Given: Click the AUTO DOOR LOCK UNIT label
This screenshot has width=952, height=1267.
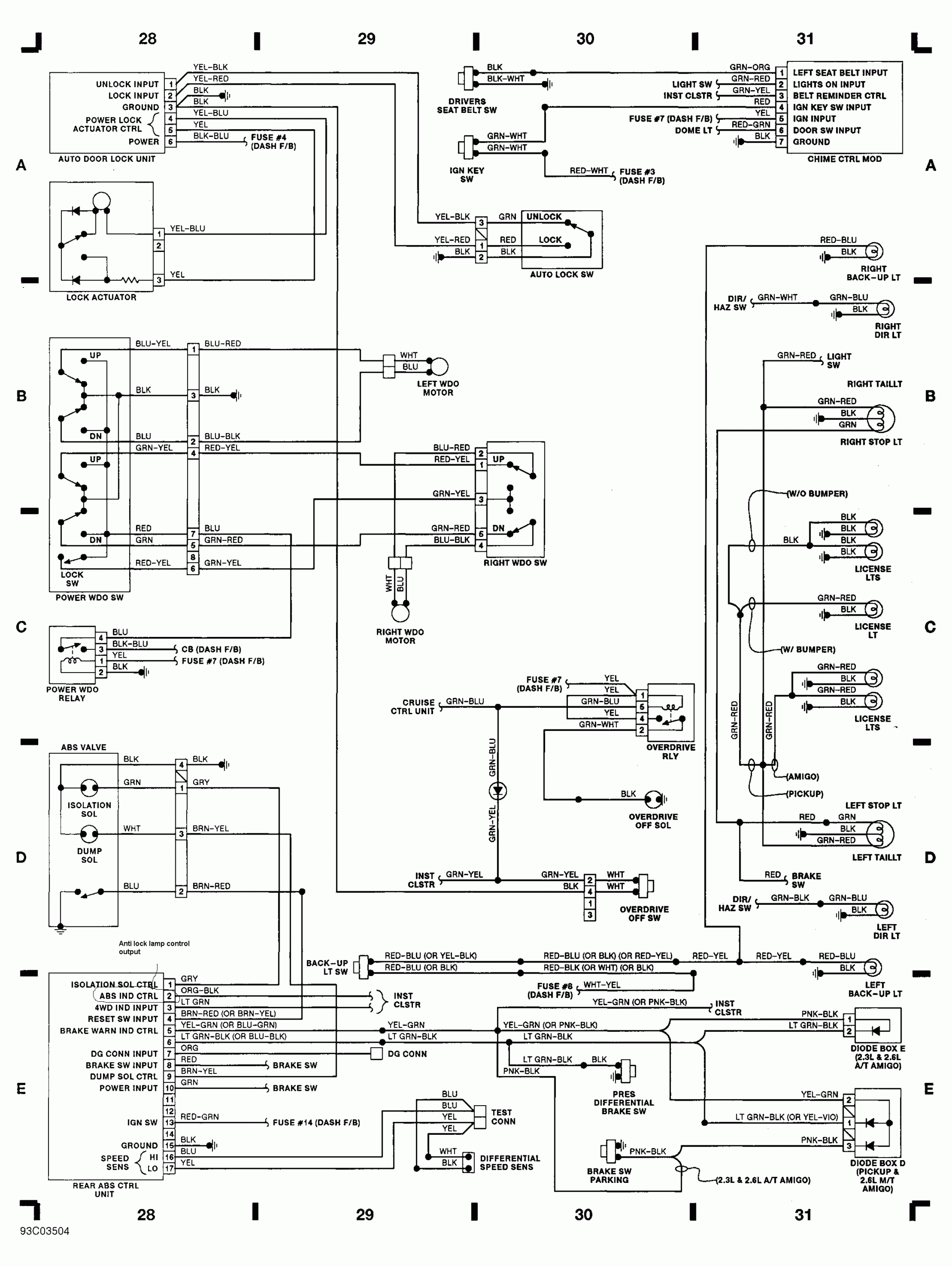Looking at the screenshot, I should tap(106, 159).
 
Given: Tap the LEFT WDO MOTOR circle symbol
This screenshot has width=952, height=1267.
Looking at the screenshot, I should tap(439, 366).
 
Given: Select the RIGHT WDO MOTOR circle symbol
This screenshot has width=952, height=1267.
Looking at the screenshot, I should tap(400, 613).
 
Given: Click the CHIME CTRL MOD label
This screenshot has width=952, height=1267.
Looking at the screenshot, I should tap(844, 159).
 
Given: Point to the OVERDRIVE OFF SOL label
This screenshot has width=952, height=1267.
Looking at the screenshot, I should tap(652, 821).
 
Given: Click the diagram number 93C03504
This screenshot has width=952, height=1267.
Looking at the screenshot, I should tap(45, 1231).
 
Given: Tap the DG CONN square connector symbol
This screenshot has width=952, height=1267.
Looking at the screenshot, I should tap(376, 1053).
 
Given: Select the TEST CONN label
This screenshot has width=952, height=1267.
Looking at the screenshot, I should tap(502, 1117).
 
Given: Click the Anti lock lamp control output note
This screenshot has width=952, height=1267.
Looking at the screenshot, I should tap(153, 947).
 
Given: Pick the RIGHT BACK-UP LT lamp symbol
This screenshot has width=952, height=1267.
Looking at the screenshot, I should tap(873, 251).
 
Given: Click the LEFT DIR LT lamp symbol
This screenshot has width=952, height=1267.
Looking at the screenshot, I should tap(884, 909).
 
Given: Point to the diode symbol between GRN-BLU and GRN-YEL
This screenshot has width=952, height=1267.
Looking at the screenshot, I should tap(497, 791).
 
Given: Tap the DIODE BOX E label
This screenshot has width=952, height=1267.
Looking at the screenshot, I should tap(877, 1048).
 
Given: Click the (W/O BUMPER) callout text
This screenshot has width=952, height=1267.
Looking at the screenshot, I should tap(817, 493).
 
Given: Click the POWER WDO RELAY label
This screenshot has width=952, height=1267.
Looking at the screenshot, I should tap(72, 694).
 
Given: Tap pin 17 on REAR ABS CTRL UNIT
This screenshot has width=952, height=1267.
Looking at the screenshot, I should tap(169, 1168).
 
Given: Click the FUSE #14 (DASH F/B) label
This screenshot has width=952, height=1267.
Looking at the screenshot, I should tap(316, 1122).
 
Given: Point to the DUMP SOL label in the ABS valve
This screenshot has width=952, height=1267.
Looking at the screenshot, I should tap(89, 855).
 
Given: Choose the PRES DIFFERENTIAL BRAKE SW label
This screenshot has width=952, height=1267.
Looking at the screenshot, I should tap(623, 1102).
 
